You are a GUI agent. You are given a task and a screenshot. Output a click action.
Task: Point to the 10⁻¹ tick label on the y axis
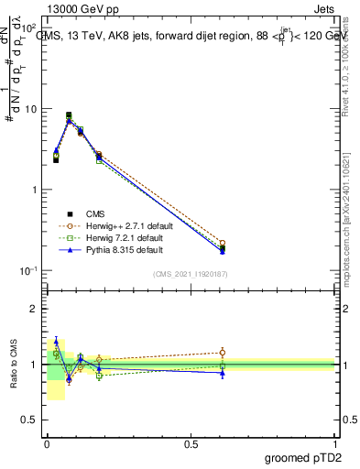coord(29,271)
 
